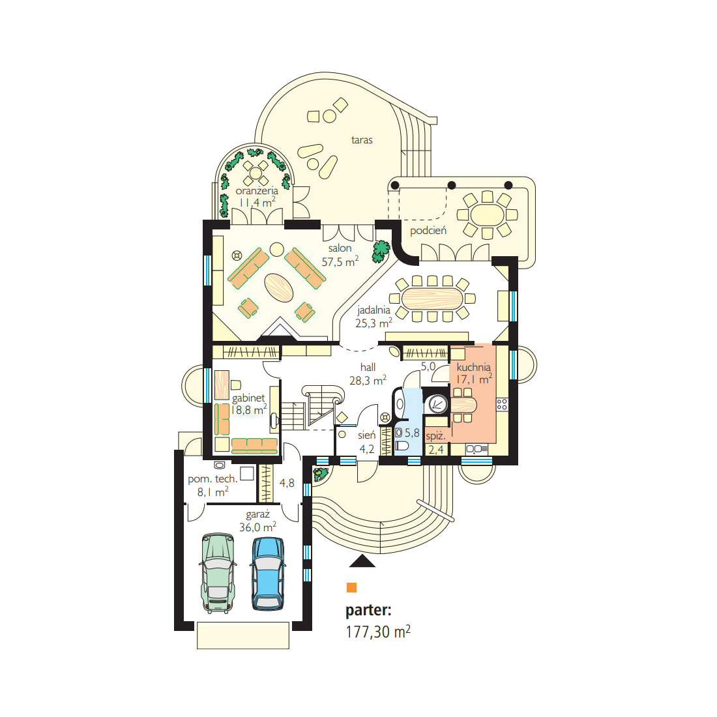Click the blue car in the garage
pos(267,574)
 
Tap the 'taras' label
pos(362,140)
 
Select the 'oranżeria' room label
pos(257,191)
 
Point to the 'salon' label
pos(340,248)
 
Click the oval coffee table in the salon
pos(279,287)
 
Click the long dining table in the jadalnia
pos(433,299)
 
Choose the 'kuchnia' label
pos(474,367)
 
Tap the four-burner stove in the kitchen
pos(502,403)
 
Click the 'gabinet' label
pos(248,398)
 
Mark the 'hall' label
pos(368,367)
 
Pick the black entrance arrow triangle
pos(362,561)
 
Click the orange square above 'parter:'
pos(351,587)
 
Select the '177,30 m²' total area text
pos(377,632)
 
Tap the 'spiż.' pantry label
pos(435,436)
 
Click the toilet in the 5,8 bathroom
pos(402,445)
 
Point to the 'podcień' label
pos(428,231)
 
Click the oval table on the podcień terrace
pos(487,214)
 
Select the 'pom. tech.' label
pos(212,479)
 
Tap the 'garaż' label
pos(257,514)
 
